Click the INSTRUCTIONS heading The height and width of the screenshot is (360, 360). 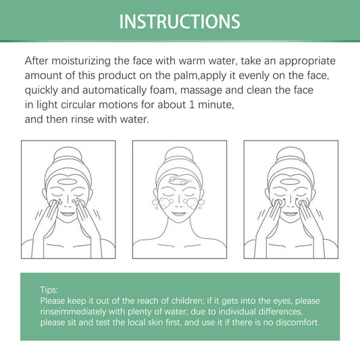180,22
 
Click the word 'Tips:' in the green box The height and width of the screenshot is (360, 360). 49,290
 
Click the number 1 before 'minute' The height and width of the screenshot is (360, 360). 192,105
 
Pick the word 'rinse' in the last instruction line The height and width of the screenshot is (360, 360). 82,120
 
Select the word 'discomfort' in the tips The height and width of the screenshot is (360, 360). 297,322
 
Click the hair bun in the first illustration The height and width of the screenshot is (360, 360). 68,154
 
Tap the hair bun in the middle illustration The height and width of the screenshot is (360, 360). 179,154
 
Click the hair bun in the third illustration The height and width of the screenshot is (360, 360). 290,154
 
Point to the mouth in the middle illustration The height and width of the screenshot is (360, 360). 179,213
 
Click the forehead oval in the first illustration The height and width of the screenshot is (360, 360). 67,182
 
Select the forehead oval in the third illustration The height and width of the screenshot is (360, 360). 290,182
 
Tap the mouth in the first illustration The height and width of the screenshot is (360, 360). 68,213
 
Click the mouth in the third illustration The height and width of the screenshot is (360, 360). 290,213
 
